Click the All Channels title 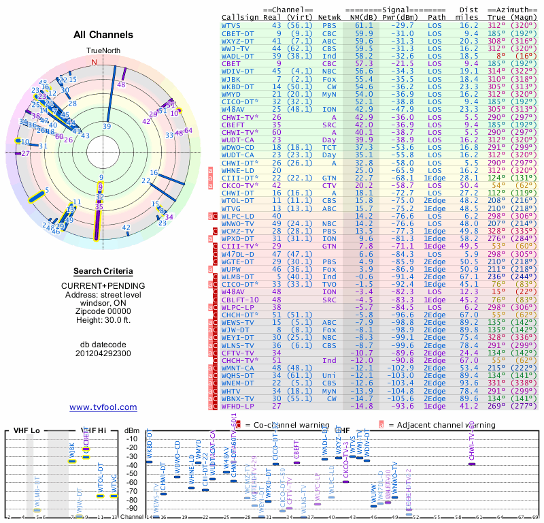[103, 35]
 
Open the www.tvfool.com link [103, 407]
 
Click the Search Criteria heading [103, 271]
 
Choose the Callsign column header [240, 17]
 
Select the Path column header [437, 17]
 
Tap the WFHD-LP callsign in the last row [237, 406]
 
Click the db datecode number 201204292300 [103, 353]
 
